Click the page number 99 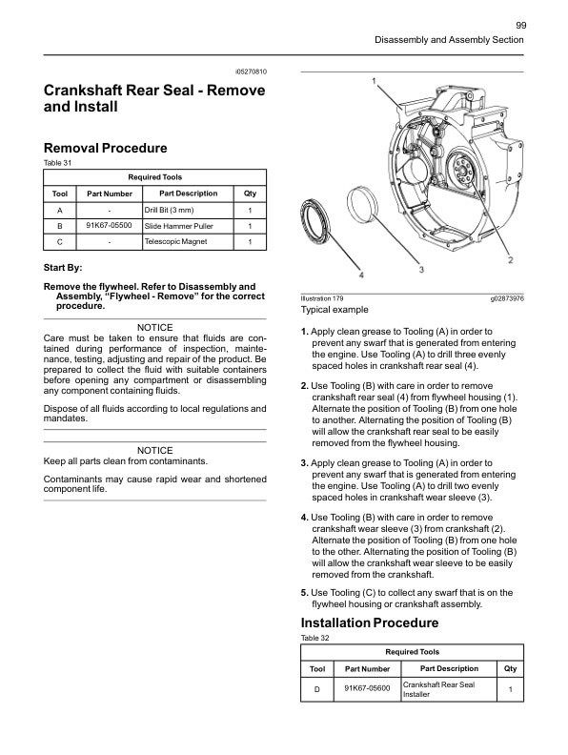click(520, 25)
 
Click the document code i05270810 click(251, 72)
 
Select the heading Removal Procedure click(106, 148)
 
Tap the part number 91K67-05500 click(109, 226)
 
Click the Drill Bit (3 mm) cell click(169, 210)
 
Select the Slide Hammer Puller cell click(178, 226)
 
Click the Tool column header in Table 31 click(59, 194)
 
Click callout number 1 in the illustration click(374, 80)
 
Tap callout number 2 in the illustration click(511, 259)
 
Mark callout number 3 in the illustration click(421, 270)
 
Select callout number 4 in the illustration click(361, 275)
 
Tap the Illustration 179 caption click(322, 299)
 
